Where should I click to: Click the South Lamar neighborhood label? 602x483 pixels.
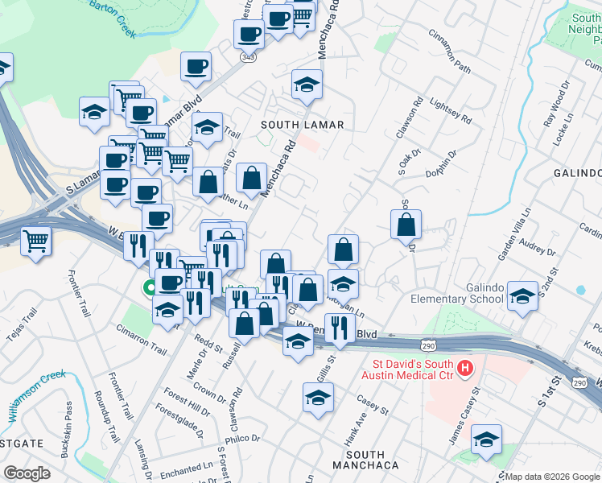pos(302,125)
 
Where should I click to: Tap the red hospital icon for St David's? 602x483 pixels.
pos(464,369)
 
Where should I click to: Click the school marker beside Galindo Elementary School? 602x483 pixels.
pos(522,297)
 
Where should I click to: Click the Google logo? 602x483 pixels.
pos(27,473)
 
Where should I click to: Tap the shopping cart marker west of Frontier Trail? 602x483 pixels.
pos(36,240)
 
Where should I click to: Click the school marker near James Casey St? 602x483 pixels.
pos(486,440)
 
